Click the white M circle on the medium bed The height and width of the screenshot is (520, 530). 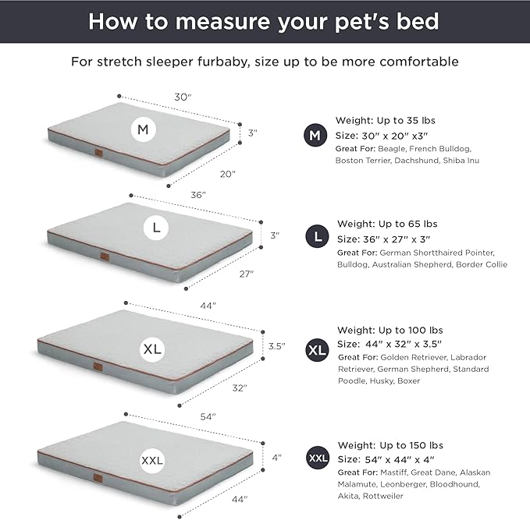[x=142, y=130]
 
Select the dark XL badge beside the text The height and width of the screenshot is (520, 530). [x=317, y=350]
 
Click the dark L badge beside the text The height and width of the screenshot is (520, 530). [x=315, y=235]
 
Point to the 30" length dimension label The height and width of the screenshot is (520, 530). [x=182, y=97]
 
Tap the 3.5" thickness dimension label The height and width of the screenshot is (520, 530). [x=277, y=345]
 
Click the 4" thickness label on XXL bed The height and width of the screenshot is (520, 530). [x=276, y=458]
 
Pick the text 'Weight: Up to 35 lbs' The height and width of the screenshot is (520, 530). [x=385, y=120]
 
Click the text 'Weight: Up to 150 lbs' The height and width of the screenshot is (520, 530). [x=388, y=444]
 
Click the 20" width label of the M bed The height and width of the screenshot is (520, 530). [x=227, y=174]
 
